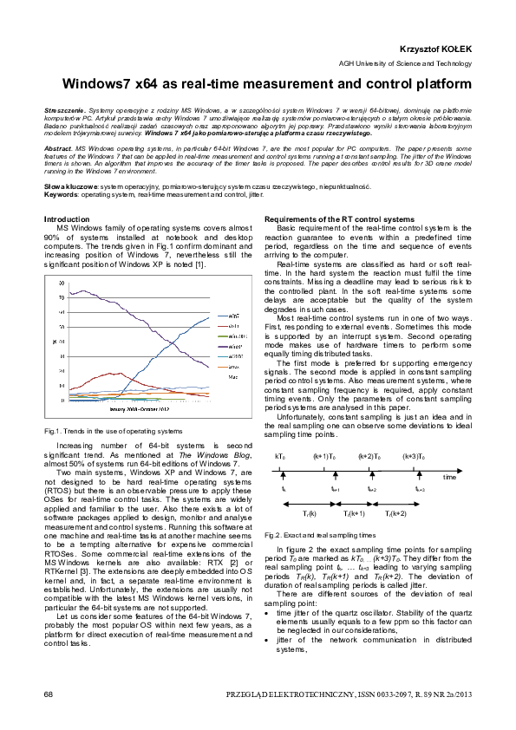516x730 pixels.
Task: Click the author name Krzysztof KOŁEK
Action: coord(436,51)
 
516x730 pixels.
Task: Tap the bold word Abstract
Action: coord(57,149)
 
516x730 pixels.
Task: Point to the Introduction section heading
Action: coord(67,219)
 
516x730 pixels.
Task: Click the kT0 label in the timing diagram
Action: coord(280,456)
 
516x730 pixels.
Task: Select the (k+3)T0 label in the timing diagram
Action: coord(413,456)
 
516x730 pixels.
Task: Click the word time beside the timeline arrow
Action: coord(448,478)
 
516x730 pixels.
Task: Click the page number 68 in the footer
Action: coord(49,694)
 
